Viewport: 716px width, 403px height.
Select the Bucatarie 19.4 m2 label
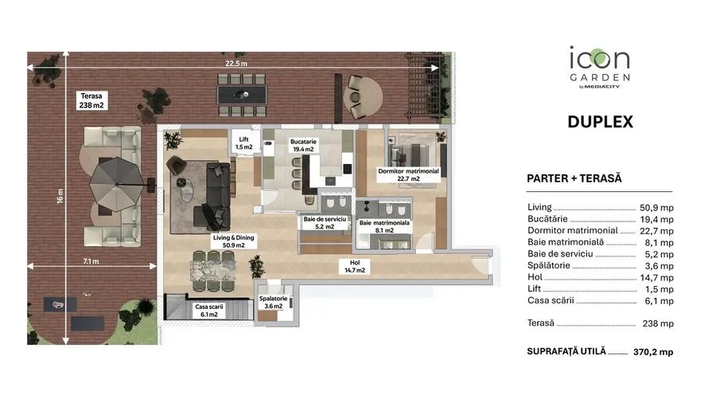point(304,145)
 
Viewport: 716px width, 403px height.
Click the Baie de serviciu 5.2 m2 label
point(324,222)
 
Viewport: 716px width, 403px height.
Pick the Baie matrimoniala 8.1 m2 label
point(383,227)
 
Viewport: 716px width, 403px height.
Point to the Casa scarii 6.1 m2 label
point(208,310)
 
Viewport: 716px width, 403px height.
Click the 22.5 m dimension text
point(235,65)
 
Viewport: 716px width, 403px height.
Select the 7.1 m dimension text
point(90,260)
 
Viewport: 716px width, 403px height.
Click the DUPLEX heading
point(600,122)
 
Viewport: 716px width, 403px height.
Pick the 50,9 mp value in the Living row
point(656,208)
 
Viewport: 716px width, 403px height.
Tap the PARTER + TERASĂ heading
point(574,178)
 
